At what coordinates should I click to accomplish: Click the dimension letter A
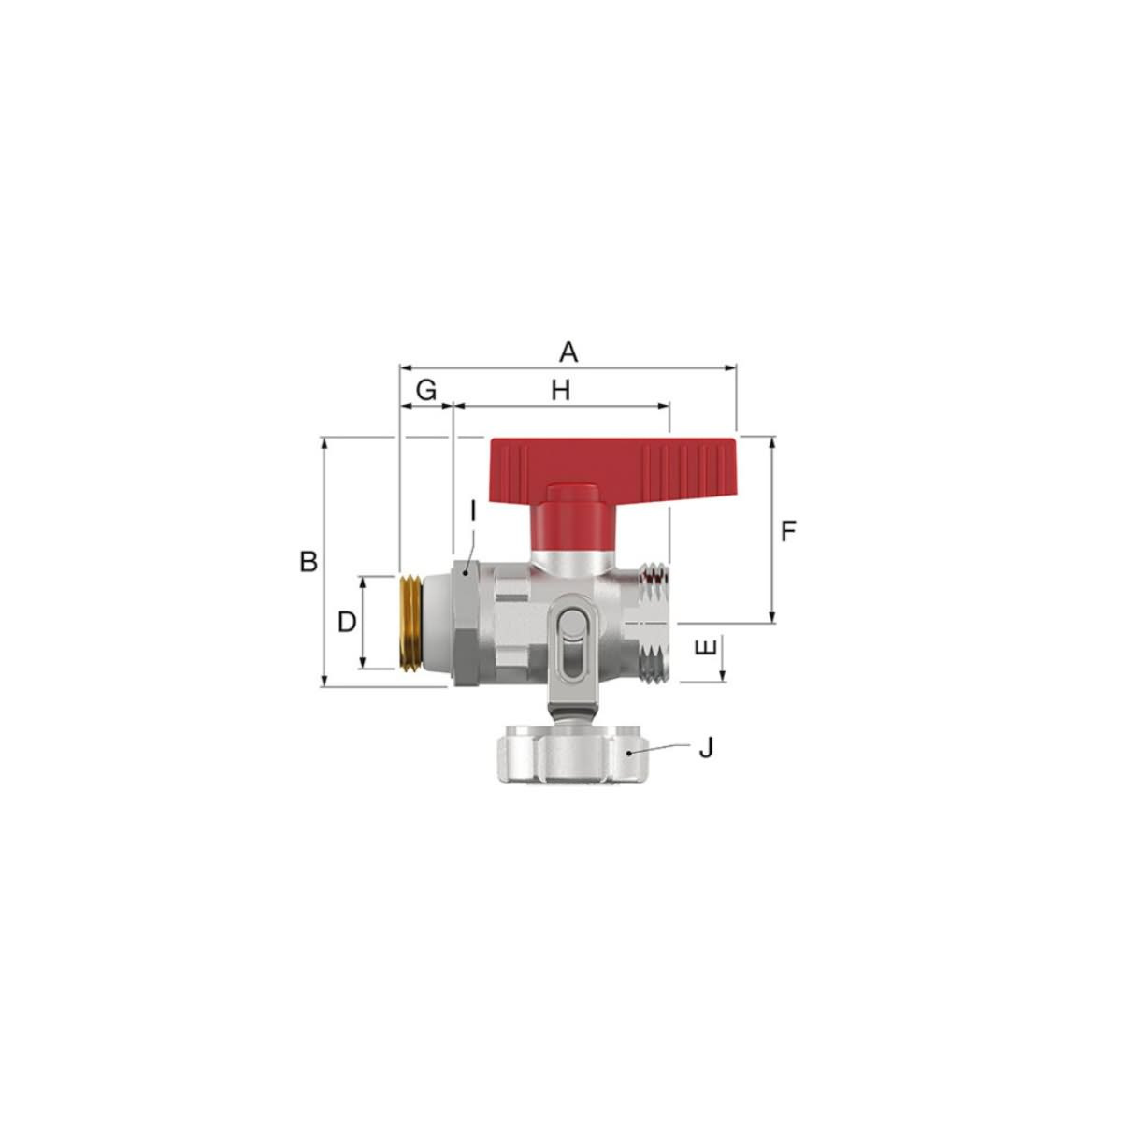click(x=568, y=352)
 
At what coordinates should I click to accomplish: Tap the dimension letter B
click(x=309, y=561)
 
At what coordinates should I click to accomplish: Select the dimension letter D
click(x=347, y=622)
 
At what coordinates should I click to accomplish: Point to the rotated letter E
click(x=705, y=647)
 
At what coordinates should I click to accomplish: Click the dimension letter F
click(x=788, y=531)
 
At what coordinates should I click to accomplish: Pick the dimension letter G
click(x=426, y=390)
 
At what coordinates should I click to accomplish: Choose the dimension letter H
click(x=561, y=391)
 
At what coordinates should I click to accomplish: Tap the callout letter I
click(x=474, y=511)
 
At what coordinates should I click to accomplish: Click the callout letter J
click(x=706, y=748)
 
